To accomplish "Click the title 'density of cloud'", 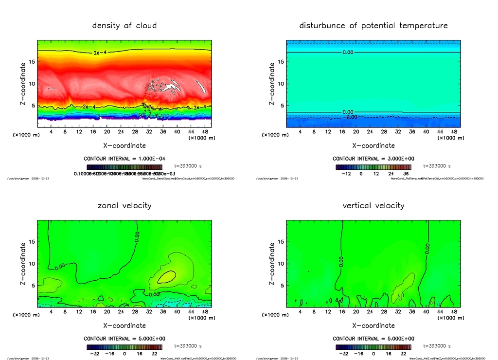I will [x=124, y=25].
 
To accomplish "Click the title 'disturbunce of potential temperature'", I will [x=373, y=25].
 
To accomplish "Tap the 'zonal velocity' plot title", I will [x=124, y=205].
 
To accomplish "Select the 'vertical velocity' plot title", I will [x=373, y=205].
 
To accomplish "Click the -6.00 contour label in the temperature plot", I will [x=351, y=117].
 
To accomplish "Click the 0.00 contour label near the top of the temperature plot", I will [x=348, y=52].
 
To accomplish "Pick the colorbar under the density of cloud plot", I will [x=124, y=167].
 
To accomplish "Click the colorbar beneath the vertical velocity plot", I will [x=373, y=347].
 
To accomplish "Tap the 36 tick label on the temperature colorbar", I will [x=405, y=174].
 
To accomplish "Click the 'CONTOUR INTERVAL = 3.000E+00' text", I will [x=373, y=159].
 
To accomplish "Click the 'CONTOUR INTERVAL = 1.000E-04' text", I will [x=124, y=159].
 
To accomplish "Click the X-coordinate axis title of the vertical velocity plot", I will [x=373, y=325].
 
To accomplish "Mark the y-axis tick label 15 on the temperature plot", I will [x=281, y=62].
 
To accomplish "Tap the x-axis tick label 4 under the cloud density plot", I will [x=51, y=131].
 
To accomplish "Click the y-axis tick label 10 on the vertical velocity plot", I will [x=281, y=264].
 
